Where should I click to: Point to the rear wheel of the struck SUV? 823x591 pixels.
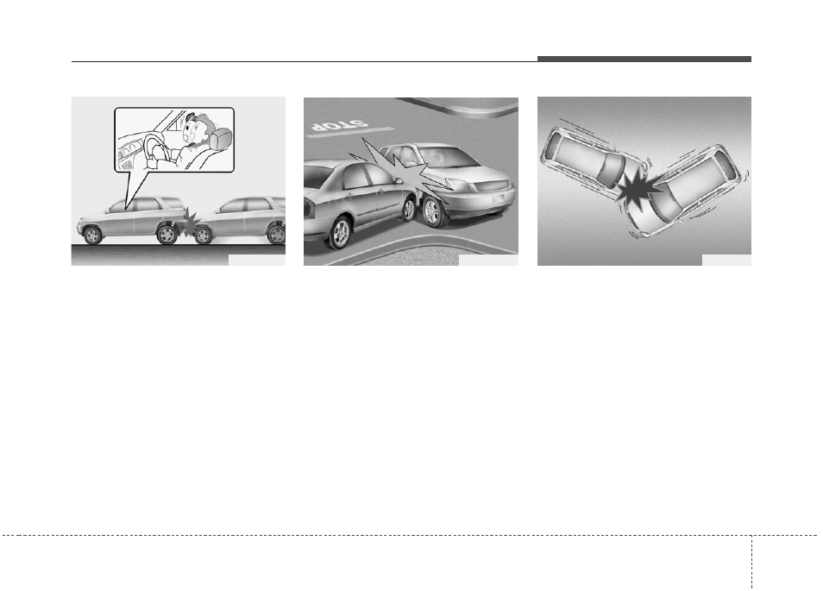coord(168,234)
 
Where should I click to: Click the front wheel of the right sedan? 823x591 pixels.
coord(432,212)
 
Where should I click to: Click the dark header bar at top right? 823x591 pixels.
coord(644,59)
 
